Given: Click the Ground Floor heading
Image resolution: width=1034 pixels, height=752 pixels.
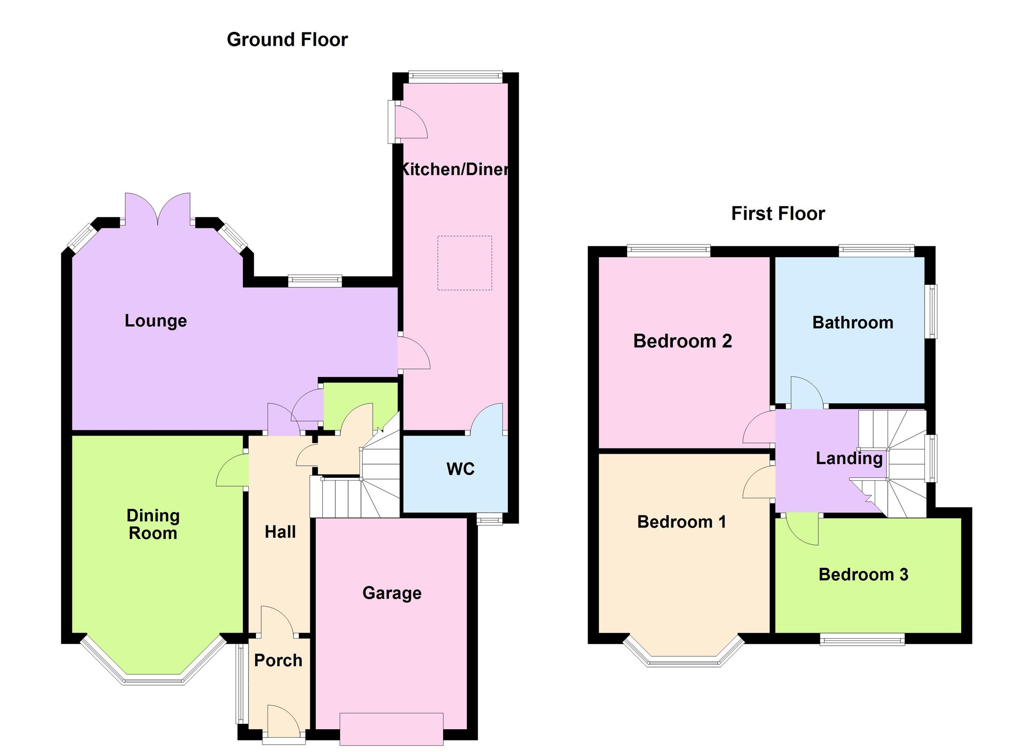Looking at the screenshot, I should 287,40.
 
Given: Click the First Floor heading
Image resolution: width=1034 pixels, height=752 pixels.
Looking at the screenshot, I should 778,213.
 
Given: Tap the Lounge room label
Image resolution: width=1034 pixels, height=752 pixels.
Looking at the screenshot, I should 156,321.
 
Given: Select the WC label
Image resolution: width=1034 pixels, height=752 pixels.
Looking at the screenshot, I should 461,469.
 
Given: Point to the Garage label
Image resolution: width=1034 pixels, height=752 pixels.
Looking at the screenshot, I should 392,593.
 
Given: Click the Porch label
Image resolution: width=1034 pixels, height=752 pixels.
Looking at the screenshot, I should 278,660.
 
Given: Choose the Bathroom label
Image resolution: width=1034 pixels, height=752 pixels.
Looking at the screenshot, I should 853,322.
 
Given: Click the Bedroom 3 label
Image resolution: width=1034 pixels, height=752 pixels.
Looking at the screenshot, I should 863,574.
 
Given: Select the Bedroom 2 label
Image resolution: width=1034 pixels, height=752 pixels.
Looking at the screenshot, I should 682,341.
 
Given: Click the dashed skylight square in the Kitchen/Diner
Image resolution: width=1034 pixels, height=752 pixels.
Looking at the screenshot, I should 464,263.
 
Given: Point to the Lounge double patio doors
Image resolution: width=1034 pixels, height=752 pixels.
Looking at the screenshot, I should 158,210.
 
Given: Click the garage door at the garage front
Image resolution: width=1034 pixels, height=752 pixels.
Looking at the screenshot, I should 391,729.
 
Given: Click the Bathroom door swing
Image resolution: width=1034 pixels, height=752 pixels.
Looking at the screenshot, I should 806,391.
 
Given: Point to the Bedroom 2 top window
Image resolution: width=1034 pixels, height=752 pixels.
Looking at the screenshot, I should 668,250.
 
